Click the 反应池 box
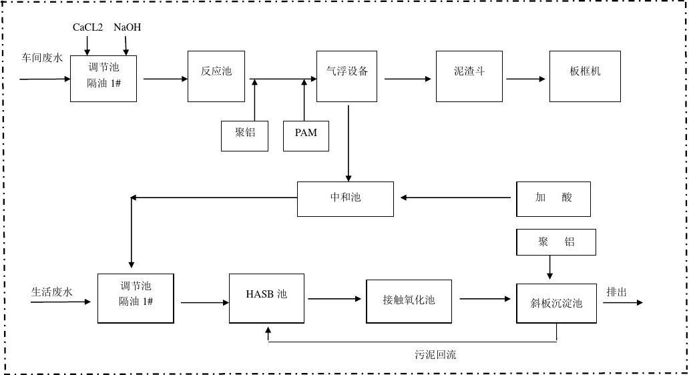pos(216,76)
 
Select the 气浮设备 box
pos(347,76)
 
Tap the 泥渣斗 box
pos(469,76)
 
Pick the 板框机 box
pos(585,76)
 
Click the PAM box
pos(306,135)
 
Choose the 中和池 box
pos(345,198)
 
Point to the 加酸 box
pos(553,198)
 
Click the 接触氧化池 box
pos(409,300)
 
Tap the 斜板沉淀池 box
pos(559,304)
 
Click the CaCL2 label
pos(87,27)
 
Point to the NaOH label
pos(127,27)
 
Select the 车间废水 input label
pos(42,58)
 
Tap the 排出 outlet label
pos(616,292)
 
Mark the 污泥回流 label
pos(435,355)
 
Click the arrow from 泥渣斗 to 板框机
pos(526,79)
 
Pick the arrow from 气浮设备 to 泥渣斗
pos(408,79)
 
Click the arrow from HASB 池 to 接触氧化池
pos(335,299)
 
